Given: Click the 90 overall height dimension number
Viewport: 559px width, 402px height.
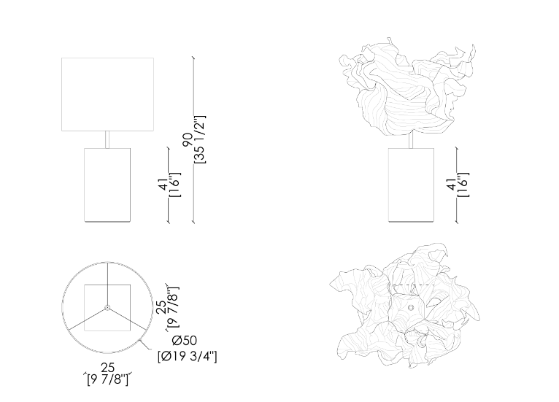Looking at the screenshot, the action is (188, 139).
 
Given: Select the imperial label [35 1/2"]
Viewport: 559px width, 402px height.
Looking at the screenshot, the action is (201, 139).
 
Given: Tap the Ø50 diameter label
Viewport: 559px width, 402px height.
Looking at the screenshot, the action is (184, 341).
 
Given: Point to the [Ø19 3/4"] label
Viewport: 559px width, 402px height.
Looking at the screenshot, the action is (187, 356).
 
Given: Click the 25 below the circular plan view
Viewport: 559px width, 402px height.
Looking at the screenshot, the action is (108, 368).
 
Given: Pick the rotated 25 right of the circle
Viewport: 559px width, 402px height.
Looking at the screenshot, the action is (161, 307).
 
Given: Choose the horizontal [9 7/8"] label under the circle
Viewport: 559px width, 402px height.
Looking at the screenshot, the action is (108, 379).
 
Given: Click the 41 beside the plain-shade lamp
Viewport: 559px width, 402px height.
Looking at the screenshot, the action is (163, 185).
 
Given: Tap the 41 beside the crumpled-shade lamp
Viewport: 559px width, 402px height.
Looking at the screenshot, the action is (451, 185).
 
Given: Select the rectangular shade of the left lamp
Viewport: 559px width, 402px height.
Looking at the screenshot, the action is (108, 94).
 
